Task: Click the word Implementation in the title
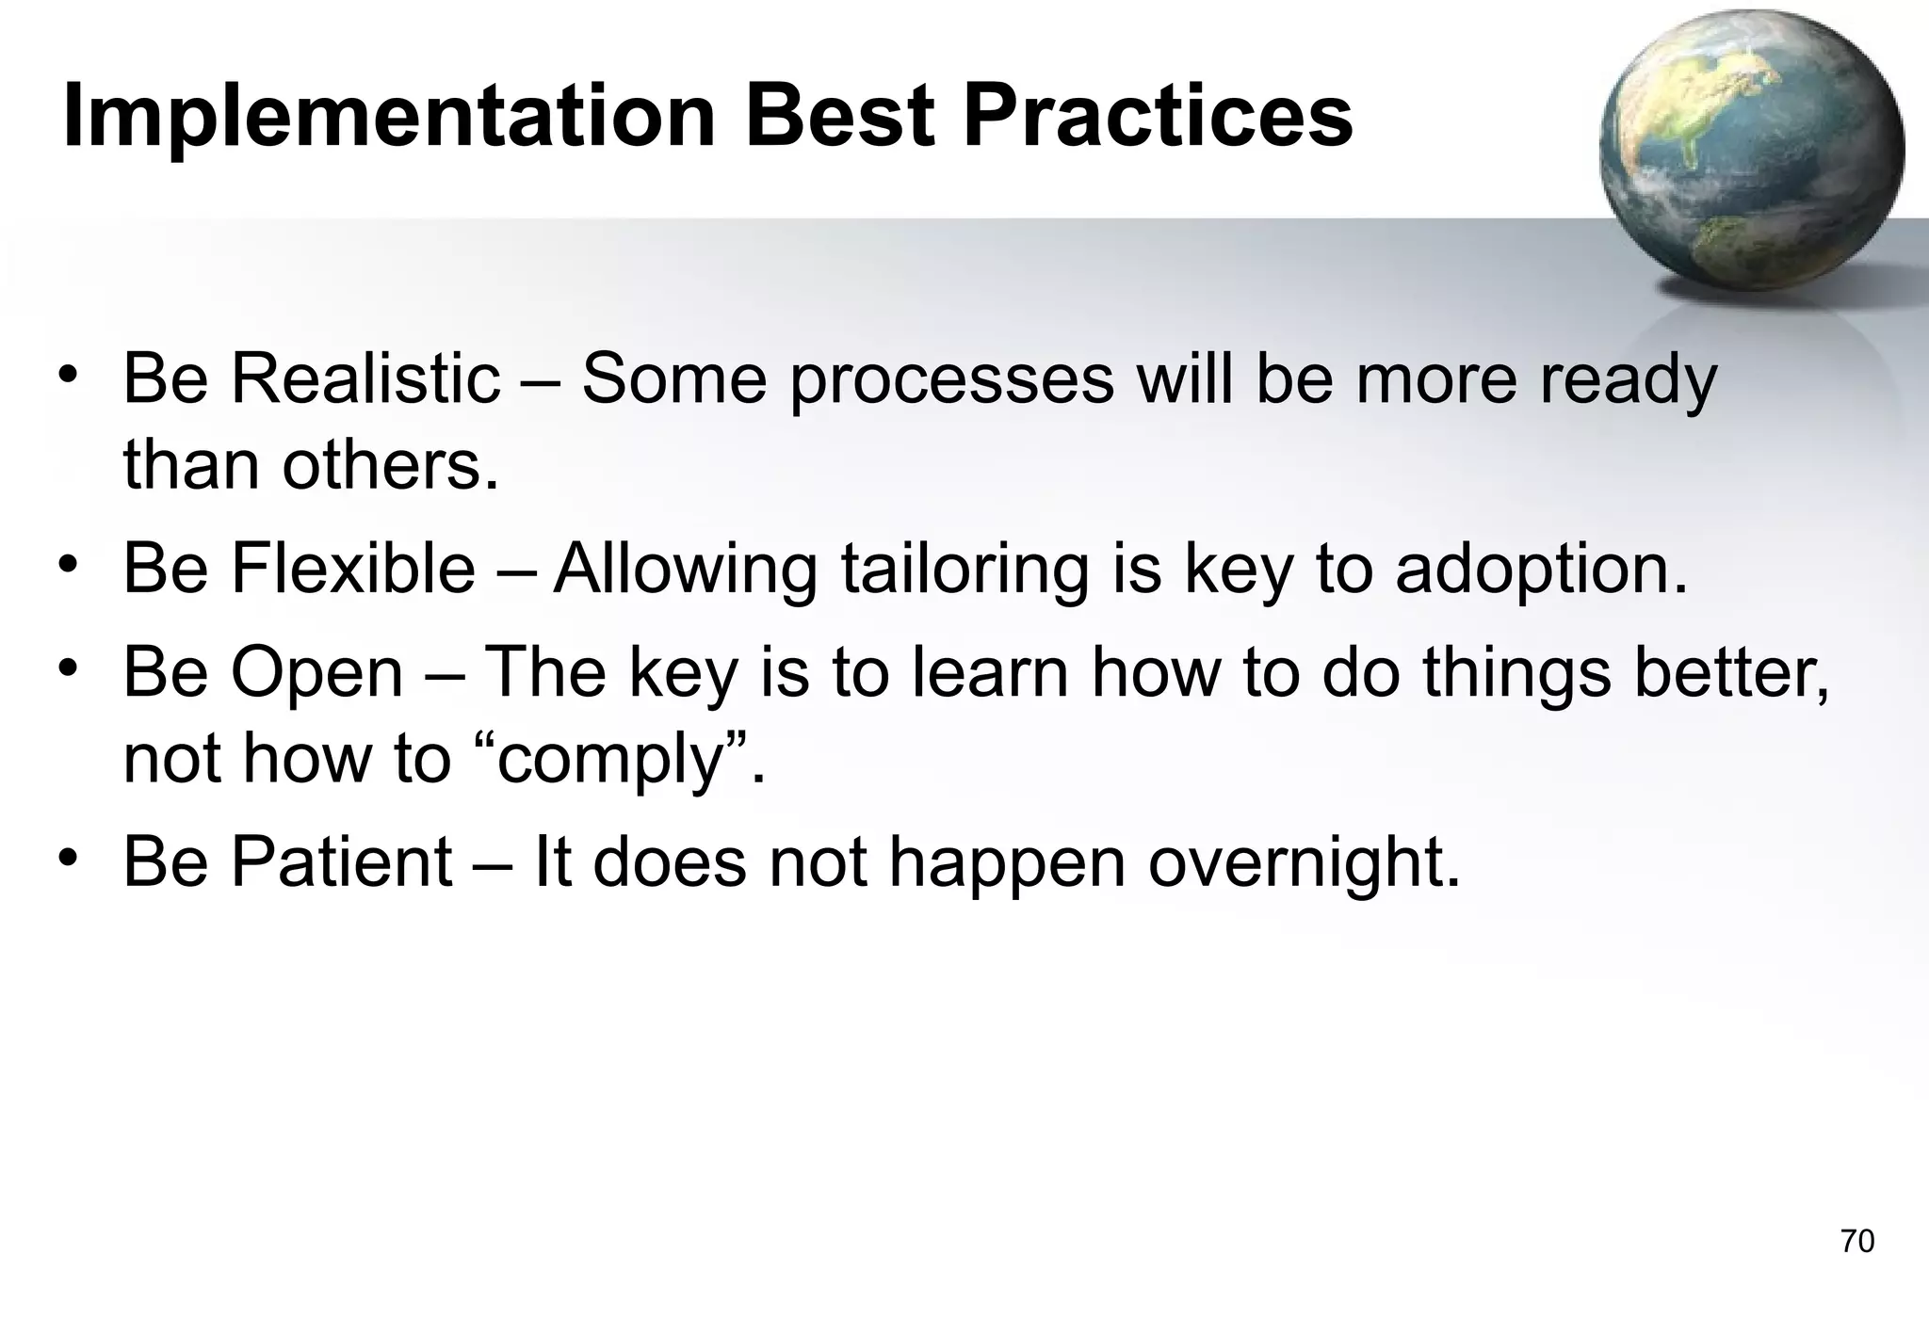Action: tap(389, 118)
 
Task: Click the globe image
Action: tap(1751, 154)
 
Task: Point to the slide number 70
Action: tap(1856, 1242)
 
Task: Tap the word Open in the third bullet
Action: tap(317, 673)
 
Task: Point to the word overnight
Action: tap(1304, 862)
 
